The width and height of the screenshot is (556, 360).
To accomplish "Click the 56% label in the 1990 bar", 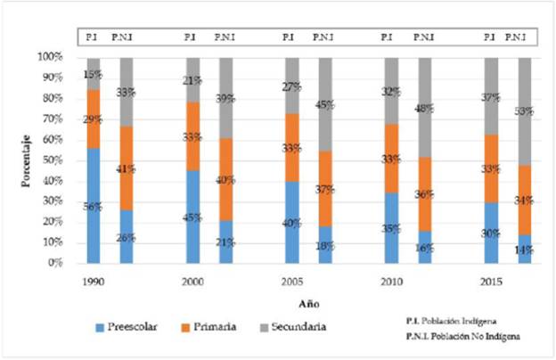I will pyautogui.click(x=93, y=207).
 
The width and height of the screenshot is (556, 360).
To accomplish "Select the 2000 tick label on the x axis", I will pyautogui.click(x=190, y=279).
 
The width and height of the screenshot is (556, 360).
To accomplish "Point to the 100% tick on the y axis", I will pyautogui.click(x=50, y=57).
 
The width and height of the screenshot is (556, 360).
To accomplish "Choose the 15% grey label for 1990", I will pyautogui.click(x=93, y=74).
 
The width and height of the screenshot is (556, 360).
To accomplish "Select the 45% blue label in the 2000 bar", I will pyautogui.click(x=192, y=217).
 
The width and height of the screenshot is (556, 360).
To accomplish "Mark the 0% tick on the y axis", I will pyautogui.click(x=54, y=263).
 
